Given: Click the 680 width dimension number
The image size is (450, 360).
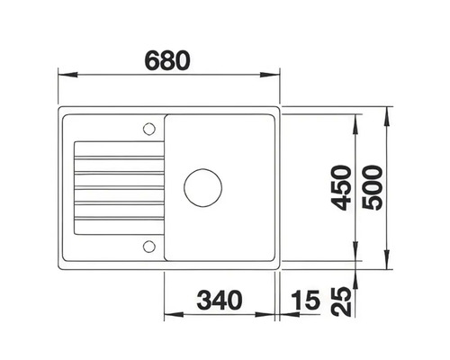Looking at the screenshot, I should coord(167,60).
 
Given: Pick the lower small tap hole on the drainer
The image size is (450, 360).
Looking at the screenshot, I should coord(146,246).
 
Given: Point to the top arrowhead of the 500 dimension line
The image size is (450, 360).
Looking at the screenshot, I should coord(389,112).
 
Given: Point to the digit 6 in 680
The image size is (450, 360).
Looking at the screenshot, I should coord(150,60).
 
